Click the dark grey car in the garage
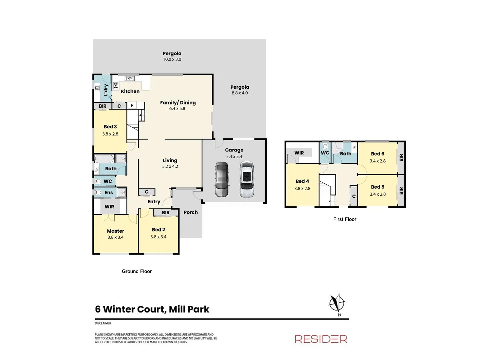[221, 179]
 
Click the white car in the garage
[246, 179]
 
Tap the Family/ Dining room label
[178, 103]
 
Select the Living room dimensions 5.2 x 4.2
[170, 166]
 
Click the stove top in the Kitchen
[116, 86]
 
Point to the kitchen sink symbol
[129, 79]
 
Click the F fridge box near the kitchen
[132, 105]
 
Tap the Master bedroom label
[115, 231]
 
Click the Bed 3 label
[110, 127]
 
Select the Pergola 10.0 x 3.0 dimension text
[172, 59]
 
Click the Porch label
[191, 212]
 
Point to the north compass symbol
[337, 303]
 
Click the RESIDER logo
[321, 339]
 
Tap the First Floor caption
[345, 219]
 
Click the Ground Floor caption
[137, 271]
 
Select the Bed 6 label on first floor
[377, 154]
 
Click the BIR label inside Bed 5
[401, 191]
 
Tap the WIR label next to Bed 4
[299, 153]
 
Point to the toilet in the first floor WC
[325, 147]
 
